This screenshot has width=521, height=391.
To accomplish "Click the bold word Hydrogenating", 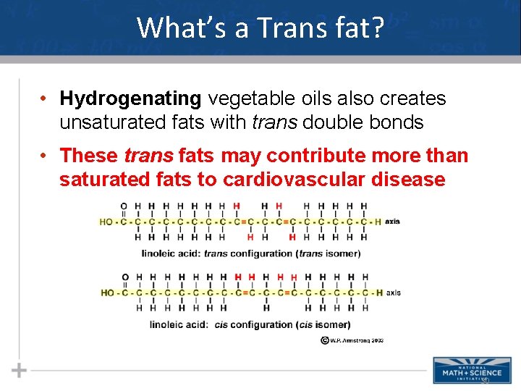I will [x=131, y=98].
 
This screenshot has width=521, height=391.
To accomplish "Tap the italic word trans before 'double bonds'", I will [x=275, y=122].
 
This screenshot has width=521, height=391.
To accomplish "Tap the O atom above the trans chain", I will [x=124, y=206].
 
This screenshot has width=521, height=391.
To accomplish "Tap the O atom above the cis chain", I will [x=124, y=277].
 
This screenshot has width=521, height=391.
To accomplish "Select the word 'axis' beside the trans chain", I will [x=392, y=221].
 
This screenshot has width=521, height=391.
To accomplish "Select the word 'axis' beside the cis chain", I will [x=393, y=293].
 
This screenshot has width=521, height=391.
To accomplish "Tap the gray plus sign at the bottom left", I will [x=20, y=371].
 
